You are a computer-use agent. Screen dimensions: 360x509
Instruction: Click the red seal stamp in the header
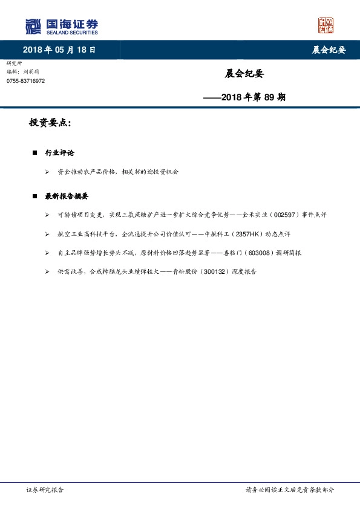coord(326,25)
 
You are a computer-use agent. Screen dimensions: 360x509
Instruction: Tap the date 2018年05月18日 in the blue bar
coord(59,50)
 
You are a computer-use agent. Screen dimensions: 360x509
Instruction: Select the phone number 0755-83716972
coord(25,80)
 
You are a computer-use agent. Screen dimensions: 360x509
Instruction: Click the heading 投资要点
coord(50,123)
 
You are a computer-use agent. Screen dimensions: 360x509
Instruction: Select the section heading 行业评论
coord(60,153)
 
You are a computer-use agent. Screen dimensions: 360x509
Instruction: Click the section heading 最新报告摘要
coord(67,196)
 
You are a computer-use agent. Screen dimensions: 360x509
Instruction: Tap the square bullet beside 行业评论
coord(35,153)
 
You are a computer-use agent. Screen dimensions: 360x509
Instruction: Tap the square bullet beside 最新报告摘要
coord(35,196)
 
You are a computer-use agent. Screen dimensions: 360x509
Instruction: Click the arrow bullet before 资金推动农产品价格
coord(48,172)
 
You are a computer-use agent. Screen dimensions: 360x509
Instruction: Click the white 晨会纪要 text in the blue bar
coord(329,50)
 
